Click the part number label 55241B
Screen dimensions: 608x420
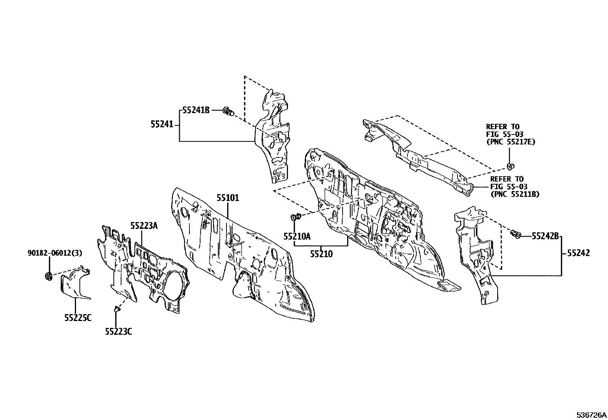(x=196, y=110)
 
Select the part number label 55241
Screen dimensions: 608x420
(x=162, y=125)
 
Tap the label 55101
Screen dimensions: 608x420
(x=228, y=198)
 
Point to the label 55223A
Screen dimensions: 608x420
(x=144, y=226)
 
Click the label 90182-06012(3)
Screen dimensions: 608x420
(x=55, y=253)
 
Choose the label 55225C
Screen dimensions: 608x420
(x=78, y=318)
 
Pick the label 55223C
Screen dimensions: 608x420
(x=119, y=332)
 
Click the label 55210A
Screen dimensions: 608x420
(x=297, y=236)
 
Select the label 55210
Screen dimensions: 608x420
(x=322, y=254)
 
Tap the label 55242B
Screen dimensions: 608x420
(x=545, y=236)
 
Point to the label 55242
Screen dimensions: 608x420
(x=579, y=253)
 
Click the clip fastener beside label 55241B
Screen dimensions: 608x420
(x=228, y=111)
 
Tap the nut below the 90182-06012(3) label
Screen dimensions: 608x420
(x=49, y=276)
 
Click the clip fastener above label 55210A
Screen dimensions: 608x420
(x=296, y=217)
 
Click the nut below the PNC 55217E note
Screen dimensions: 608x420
(x=509, y=167)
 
